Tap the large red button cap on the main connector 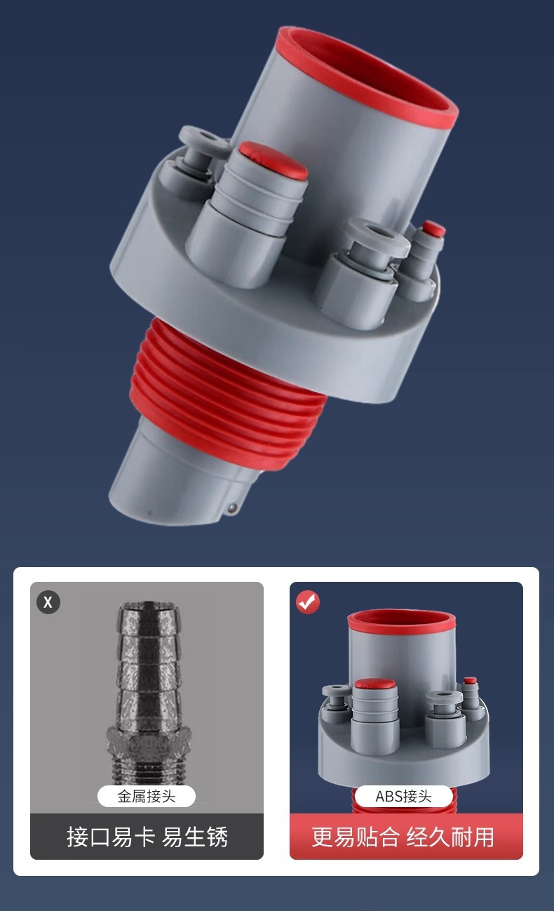coord(273,160)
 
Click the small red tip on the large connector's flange coord(433,229)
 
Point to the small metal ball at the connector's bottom coord(233,508)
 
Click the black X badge coord(48,602)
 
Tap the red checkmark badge coord(308,602)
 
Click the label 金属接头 coord(147,796)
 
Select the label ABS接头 coord(403,796)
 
